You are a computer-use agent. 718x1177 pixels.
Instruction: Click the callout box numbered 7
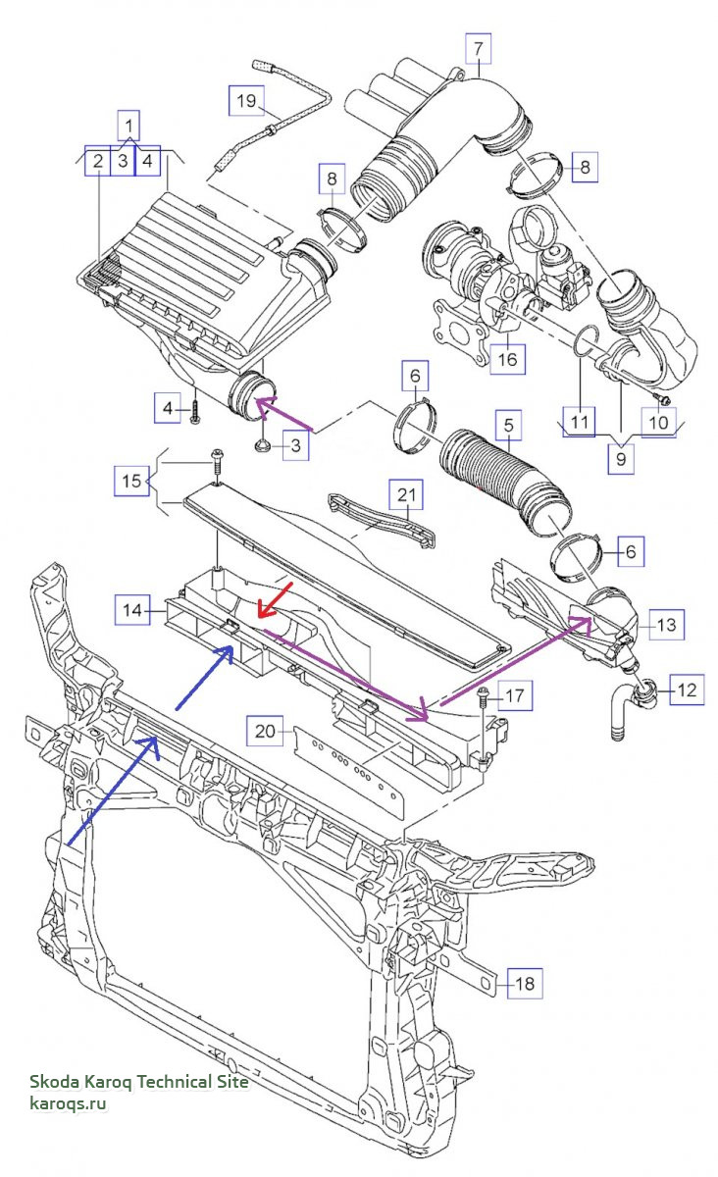coord(479,48)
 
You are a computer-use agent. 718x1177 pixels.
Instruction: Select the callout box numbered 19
coord(246,100)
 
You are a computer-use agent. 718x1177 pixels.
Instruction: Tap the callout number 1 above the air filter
coord(128,126)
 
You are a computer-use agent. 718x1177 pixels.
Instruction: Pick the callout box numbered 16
coord(507,359)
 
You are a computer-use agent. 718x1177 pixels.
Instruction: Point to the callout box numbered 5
coord(509,425)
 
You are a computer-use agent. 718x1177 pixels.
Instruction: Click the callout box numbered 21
coord(406,494)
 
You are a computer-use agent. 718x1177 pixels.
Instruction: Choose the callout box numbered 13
coord(666,625)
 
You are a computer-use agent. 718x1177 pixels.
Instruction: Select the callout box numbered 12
coord(687,690)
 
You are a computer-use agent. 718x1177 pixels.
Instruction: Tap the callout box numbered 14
coord(132,609)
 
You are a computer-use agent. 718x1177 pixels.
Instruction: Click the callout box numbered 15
coord(132,481)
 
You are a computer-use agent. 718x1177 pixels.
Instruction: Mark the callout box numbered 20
coord(265,731)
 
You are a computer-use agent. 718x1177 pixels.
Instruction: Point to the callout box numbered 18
coord(525,983)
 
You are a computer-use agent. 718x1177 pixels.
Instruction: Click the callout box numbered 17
coord(515,695)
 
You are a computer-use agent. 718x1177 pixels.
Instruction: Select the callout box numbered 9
coord(621,459)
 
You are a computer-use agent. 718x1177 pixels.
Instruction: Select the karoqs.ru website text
coord(68,1102)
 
